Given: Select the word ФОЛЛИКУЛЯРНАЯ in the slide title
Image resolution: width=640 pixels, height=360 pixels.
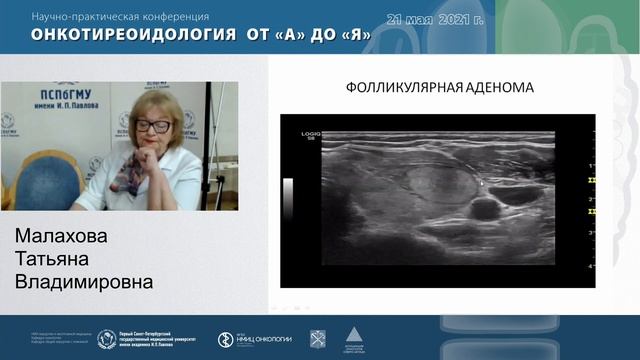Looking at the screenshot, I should (400, 87).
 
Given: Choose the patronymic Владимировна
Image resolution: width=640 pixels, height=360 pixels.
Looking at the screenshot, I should (84, 283).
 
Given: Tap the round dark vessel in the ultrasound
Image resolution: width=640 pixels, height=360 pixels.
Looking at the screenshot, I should (484, 208).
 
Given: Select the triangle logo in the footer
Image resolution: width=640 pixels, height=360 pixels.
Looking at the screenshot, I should (353, 337).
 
